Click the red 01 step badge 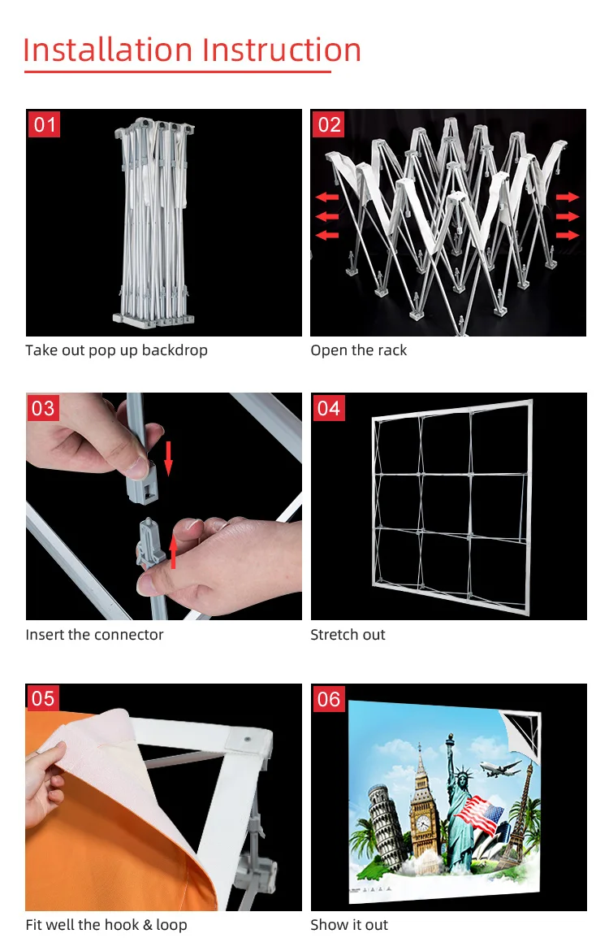(44, 124)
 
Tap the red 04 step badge (329, 407)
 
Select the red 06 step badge (329, 699)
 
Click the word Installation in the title (108, 50)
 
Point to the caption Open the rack (359, 350)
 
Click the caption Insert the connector (94, 634)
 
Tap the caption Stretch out (348, 634)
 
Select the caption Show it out (349, 925)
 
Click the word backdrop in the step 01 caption (175, 350)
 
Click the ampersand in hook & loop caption (147, 925)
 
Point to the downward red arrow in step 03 (168, 458)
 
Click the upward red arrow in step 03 (173, 551)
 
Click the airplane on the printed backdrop (500, 768)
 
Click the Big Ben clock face (423, 823)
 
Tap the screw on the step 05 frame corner (247, 740)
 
